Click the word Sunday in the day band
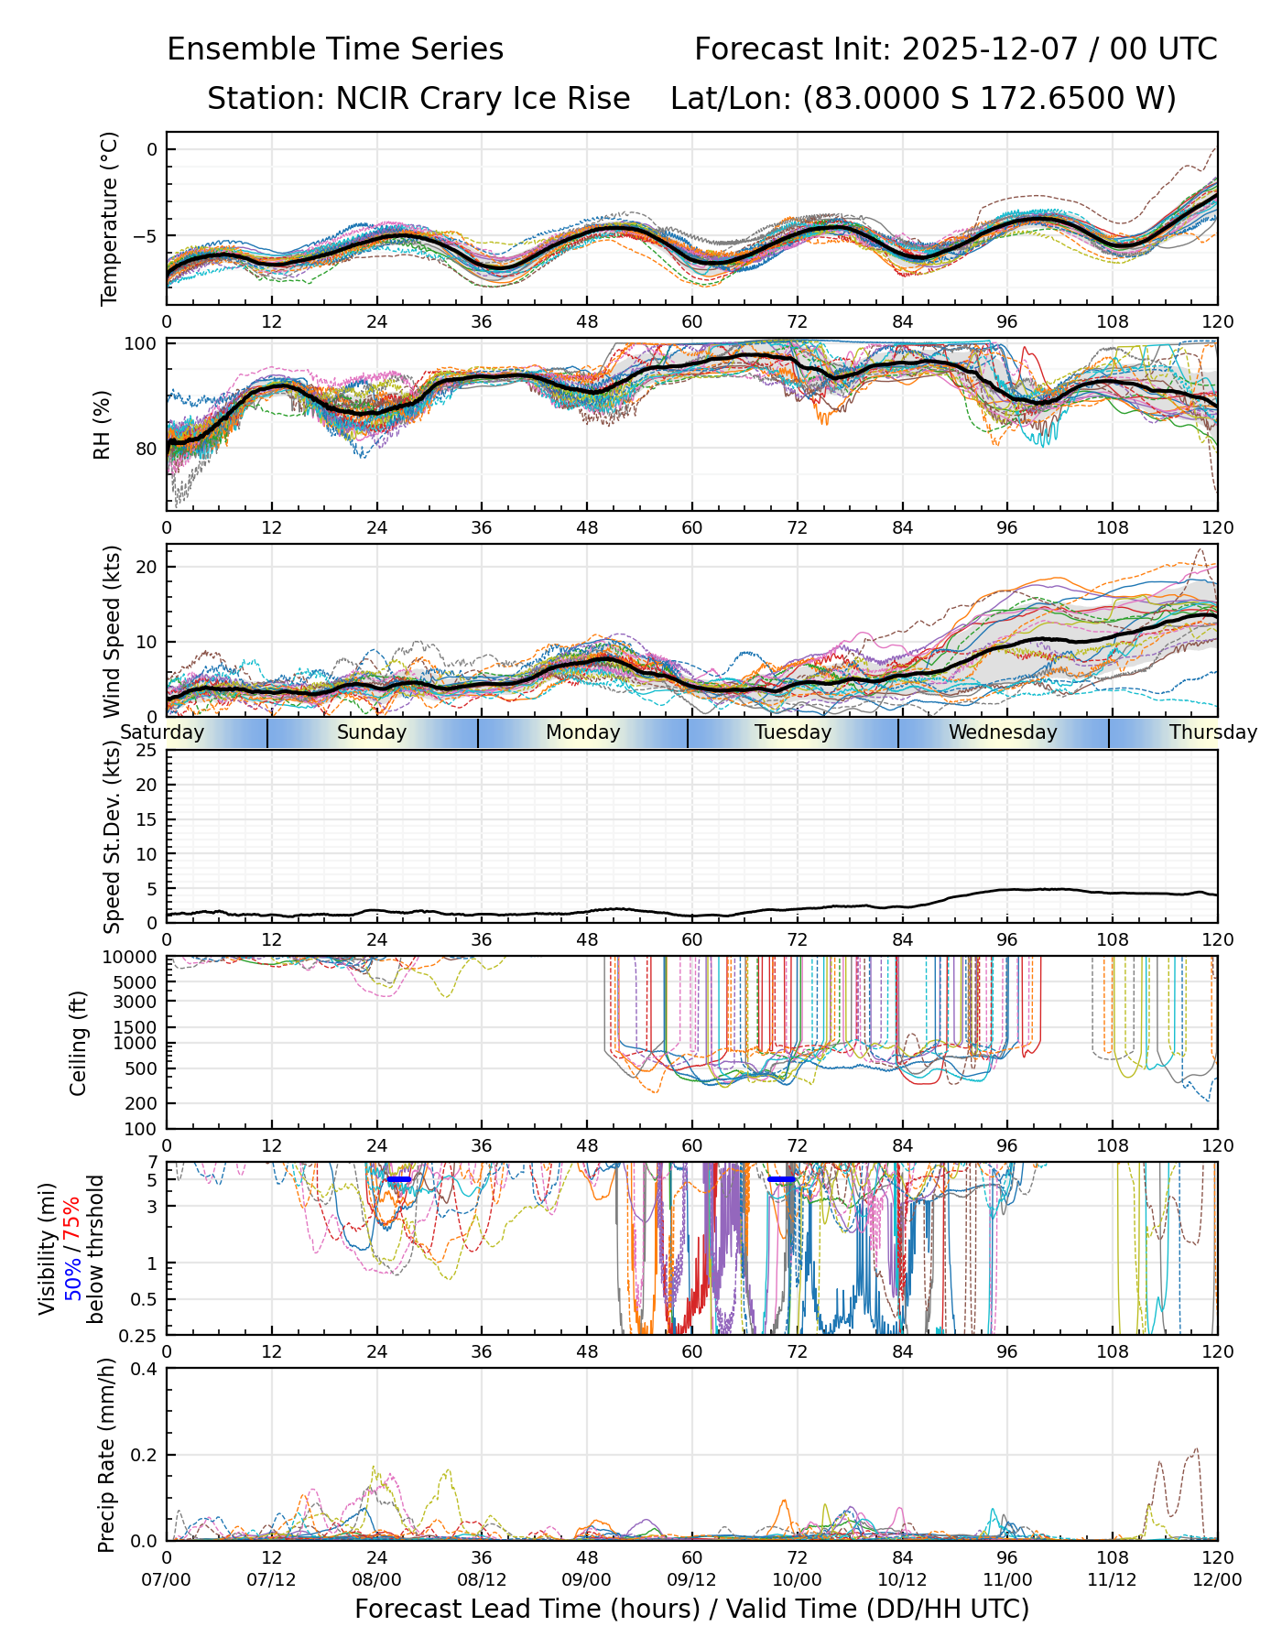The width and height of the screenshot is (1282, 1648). [x=371, y=732]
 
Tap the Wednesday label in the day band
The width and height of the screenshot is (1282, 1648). [x=1003, y=732]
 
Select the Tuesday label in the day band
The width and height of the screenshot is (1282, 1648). [x=793, y=732]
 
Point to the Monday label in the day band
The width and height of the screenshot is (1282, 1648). [x=582, y=732]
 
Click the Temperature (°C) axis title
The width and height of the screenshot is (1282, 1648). [x=110, y=218]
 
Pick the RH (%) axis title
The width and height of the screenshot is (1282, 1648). [x=103, y=424]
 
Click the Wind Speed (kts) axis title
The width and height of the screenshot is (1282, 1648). [x=112, y=631]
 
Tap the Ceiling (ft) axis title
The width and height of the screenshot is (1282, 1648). [x=79, y=1043]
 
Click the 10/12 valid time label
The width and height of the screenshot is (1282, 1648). [x=902, y=1579]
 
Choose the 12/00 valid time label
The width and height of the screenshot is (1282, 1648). [x=1217, y=1579]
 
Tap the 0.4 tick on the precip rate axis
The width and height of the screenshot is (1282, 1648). [x=146, y=1369]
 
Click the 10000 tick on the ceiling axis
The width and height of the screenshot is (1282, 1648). [x=134, y=958]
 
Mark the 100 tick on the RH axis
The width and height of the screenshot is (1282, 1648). [x=143, y=343]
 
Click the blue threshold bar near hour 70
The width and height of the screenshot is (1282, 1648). [x=781, y=1179]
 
